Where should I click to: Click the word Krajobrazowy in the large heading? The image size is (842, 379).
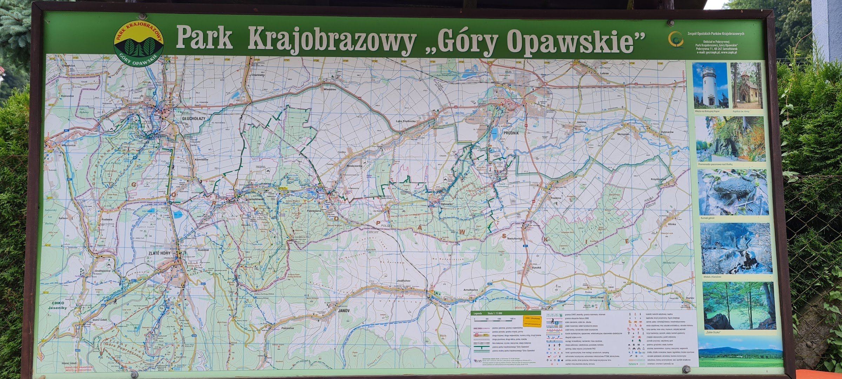pyautogui.click(x=331, y=39)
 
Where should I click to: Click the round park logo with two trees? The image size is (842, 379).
pyautogui.click(x=139, y=44)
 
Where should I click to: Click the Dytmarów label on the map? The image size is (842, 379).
pyautogui.click(x=667, y=132)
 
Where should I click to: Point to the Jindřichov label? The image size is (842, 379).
pyautogui.click(x=403, y=281)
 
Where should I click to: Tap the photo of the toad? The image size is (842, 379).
pyautogui.click(x=733, y=192)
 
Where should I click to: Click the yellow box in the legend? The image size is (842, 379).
pyautogui.click(x=532, y=320)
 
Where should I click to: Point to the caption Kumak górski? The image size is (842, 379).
pyautogui.click(x=707, y=218)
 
